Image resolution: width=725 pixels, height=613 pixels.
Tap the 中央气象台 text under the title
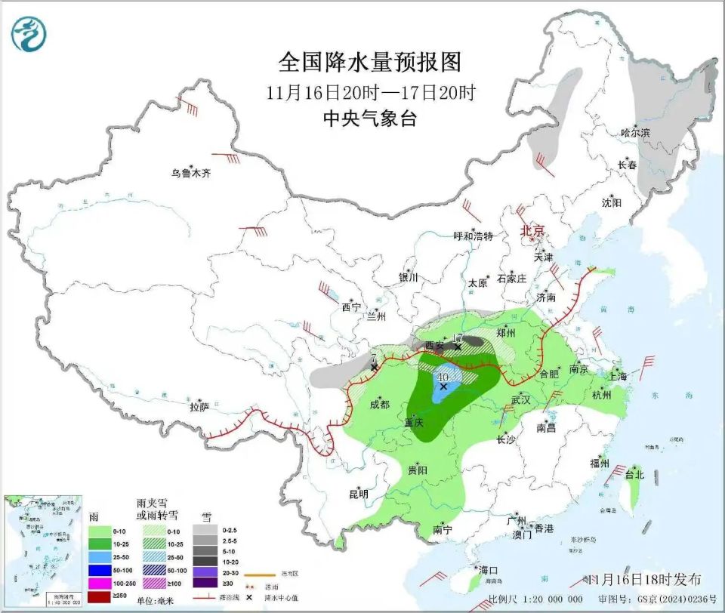point(370,119)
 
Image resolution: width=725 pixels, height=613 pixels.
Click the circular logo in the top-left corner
point(29,33)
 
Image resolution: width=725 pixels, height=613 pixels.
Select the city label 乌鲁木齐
point(191,173)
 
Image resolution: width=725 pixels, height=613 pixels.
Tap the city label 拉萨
point(199,407)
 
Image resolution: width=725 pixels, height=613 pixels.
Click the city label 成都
point(380,405)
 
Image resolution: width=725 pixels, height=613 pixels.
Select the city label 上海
point(617,376)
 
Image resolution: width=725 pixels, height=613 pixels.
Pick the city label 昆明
point(358,494)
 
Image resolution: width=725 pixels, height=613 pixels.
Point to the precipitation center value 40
point(443,377)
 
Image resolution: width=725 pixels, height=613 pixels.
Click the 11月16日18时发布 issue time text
point(650,579)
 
